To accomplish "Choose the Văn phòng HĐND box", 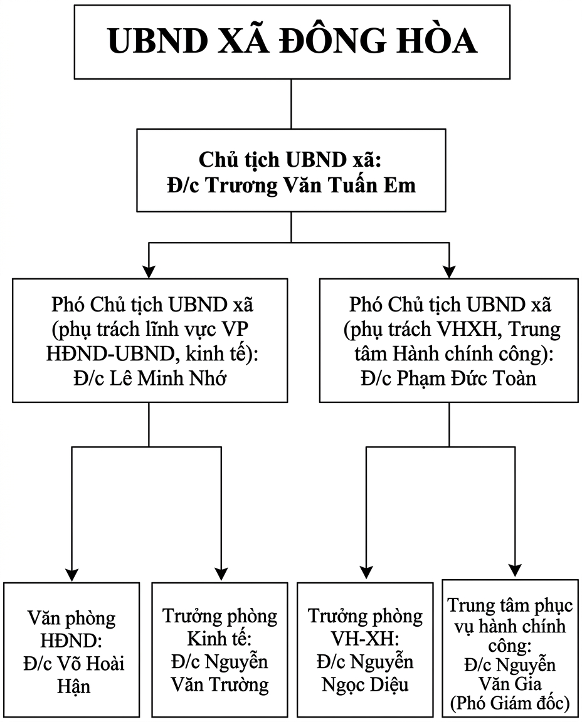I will [x=71, y=649].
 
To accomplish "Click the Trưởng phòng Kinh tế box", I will [x=220, y=649].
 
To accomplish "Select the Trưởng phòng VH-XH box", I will [x=365, y=649].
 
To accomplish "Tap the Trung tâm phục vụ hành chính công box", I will [x=510, y=649].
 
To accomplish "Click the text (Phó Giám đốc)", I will [x=510, y=704].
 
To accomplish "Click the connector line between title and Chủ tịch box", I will [x=291, y=104].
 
